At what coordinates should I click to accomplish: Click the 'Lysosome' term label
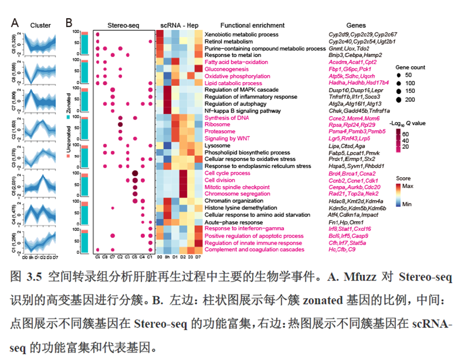tap(217, 145)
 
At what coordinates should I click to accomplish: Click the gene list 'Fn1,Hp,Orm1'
tap(346, 222)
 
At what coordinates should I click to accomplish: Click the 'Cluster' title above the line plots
tap(41, 25)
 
